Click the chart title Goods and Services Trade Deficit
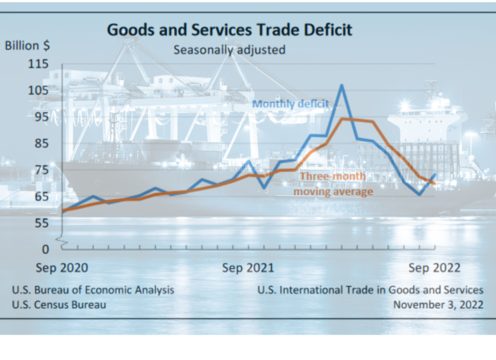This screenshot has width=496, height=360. pyautogui.click(x=229, y=30)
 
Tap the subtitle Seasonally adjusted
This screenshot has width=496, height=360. pyautogui.click(x=229, y=51)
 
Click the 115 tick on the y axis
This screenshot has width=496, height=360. pyautogui.click(x=37, y=64)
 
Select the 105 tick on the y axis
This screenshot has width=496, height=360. pyautogui.click(x=37, y=91)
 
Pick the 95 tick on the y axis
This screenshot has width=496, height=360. pyautogui.click(x=40, y=117)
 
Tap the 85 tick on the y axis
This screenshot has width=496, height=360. pyautogui.click(x=40, y=143)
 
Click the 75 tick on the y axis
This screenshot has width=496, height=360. pyautogui.click(x=40, y=170)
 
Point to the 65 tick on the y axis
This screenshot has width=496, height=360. pyautogui.click(x=40, y=196)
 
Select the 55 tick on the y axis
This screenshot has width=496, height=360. pyautogui.click(x=40, y=223)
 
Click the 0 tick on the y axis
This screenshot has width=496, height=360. pyautogui.click(x=44, y=249)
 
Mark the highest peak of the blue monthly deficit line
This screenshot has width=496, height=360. pyautogui.click(x=341, y=85)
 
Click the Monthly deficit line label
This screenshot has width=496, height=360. pyautogui.click(x=291, y=104)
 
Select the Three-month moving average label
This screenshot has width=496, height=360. pyautogui.click(x=334, y=184)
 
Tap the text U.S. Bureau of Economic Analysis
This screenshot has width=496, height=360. pyautogui.click(x=93, y=290)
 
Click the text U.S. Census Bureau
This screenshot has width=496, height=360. pyautogui.click(x=60, y=304)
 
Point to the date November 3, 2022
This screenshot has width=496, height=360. pyautogui.click(x=438, y=304)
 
